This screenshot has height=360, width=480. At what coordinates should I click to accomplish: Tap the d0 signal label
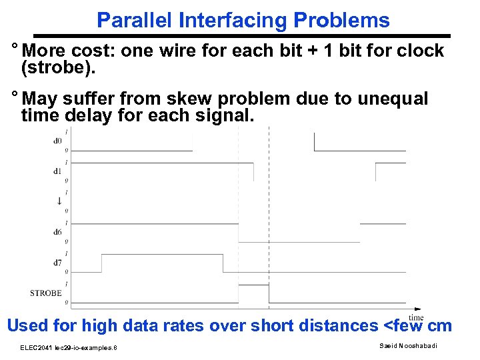(58, 140)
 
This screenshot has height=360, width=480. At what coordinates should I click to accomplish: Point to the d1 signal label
(58, 171)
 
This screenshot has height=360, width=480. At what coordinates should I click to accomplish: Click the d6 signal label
(58, 232)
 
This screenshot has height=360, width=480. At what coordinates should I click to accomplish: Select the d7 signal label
(58, 263)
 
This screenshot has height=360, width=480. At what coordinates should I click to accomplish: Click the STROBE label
(46, 293)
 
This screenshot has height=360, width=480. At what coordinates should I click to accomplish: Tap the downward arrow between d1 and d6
(59, 201)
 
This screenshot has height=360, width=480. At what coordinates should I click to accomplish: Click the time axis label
(416, 317)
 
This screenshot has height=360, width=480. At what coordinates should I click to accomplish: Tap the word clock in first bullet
(419, 51)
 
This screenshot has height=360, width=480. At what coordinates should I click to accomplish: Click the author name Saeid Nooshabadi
(408, 345)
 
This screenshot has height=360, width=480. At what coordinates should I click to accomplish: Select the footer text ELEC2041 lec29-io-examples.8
(69, 347)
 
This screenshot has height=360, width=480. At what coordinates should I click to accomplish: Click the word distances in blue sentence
(331, 325)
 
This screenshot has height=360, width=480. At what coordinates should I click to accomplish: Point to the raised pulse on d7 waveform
(162, 255)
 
